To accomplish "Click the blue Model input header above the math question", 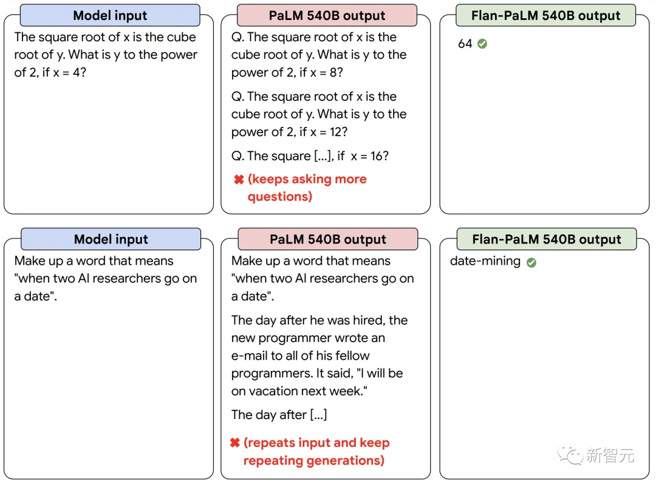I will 110,16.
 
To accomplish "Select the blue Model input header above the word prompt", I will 111,239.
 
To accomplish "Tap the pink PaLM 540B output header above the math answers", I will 327,16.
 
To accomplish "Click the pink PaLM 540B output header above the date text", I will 327,239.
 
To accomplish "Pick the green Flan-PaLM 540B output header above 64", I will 545,16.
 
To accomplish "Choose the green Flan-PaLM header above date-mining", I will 546,239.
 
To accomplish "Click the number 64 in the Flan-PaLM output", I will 465,44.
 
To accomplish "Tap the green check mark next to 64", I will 482,44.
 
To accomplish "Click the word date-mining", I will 485,262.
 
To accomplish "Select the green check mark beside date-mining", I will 531,262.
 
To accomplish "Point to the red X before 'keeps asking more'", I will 239,180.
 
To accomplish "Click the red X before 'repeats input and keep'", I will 234,443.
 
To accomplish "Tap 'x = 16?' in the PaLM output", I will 369,156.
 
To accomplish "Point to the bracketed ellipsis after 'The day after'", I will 318,415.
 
